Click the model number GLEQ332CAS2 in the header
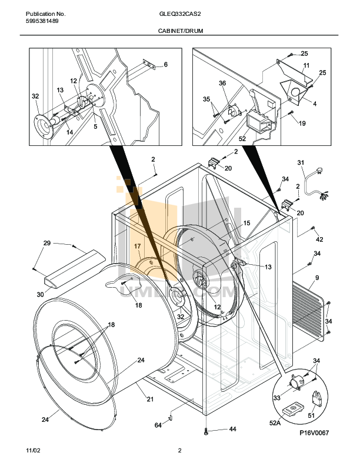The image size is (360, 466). tap(180, 14)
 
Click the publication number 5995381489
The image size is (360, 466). tap(42, 21)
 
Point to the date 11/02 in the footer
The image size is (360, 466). tap(34, 451)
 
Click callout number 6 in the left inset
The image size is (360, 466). tap(166, 64)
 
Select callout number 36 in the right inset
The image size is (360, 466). tap(222, 84)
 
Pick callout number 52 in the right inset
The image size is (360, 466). tap(242, 139)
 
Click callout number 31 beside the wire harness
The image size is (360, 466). tap(301, 162)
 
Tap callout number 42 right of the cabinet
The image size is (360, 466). tap(319, 239)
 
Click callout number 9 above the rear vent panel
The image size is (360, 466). tap(316, 278)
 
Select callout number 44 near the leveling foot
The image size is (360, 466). tap(232, 430)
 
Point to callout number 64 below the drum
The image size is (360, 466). tap(158, 425)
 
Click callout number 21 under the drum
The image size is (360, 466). tap(150, 400)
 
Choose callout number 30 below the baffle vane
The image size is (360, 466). tap(41, 294)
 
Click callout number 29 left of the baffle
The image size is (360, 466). tap(47, 242)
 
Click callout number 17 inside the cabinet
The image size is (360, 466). tap(136, 246)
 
